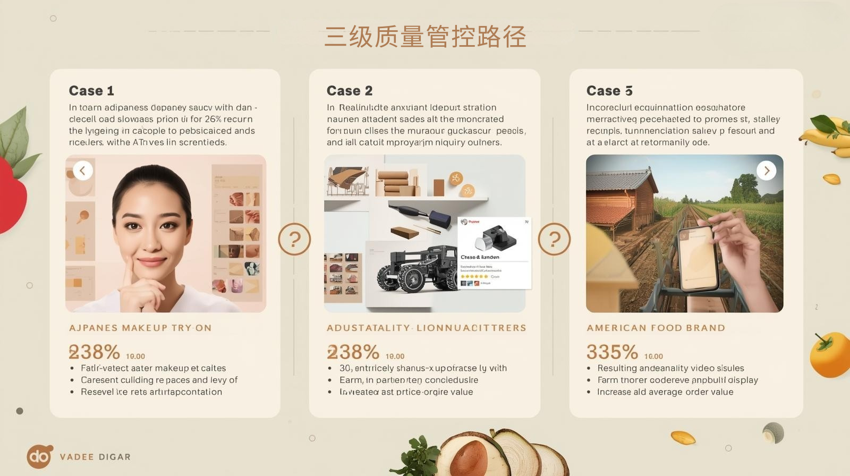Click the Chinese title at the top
coord(425,37)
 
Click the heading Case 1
coord(91,91)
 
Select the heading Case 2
coord(350,91)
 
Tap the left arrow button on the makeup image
coord(83,171)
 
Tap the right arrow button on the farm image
coord(766,171)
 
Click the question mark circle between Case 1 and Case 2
coord(294,239)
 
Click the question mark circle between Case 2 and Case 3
coord(554,239)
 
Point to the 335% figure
coord(612,352)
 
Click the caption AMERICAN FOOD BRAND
coord(656,328)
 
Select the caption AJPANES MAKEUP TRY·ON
coord(140,328)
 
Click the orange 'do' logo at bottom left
coord(39,456)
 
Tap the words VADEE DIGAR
coord(95,457)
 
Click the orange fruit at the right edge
coord(830,355)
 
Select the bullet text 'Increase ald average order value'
coord(665,392)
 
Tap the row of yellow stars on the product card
coord(474,277)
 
